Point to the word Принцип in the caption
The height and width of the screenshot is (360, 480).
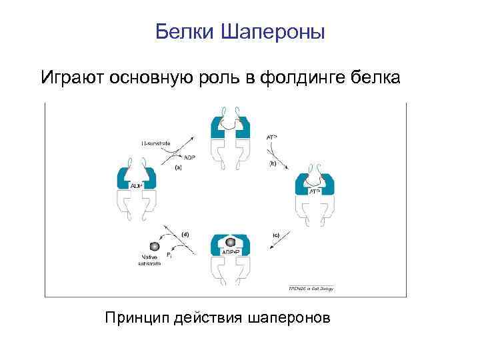(x=136, y=317)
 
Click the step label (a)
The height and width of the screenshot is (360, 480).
(x=178, y=167)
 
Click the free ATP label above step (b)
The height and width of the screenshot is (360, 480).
(x=272, y=137)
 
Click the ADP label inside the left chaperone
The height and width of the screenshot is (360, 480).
(x=137, y=185)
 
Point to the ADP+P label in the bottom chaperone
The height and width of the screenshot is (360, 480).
(x=230, y=252)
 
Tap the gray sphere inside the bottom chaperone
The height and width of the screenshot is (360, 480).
(x=231, y=241)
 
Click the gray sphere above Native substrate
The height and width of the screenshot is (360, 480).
(x=155, y=246)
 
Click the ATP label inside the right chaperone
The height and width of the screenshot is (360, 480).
(x=314, y=191)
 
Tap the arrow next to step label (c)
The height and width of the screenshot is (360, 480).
(x=275, y=245)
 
